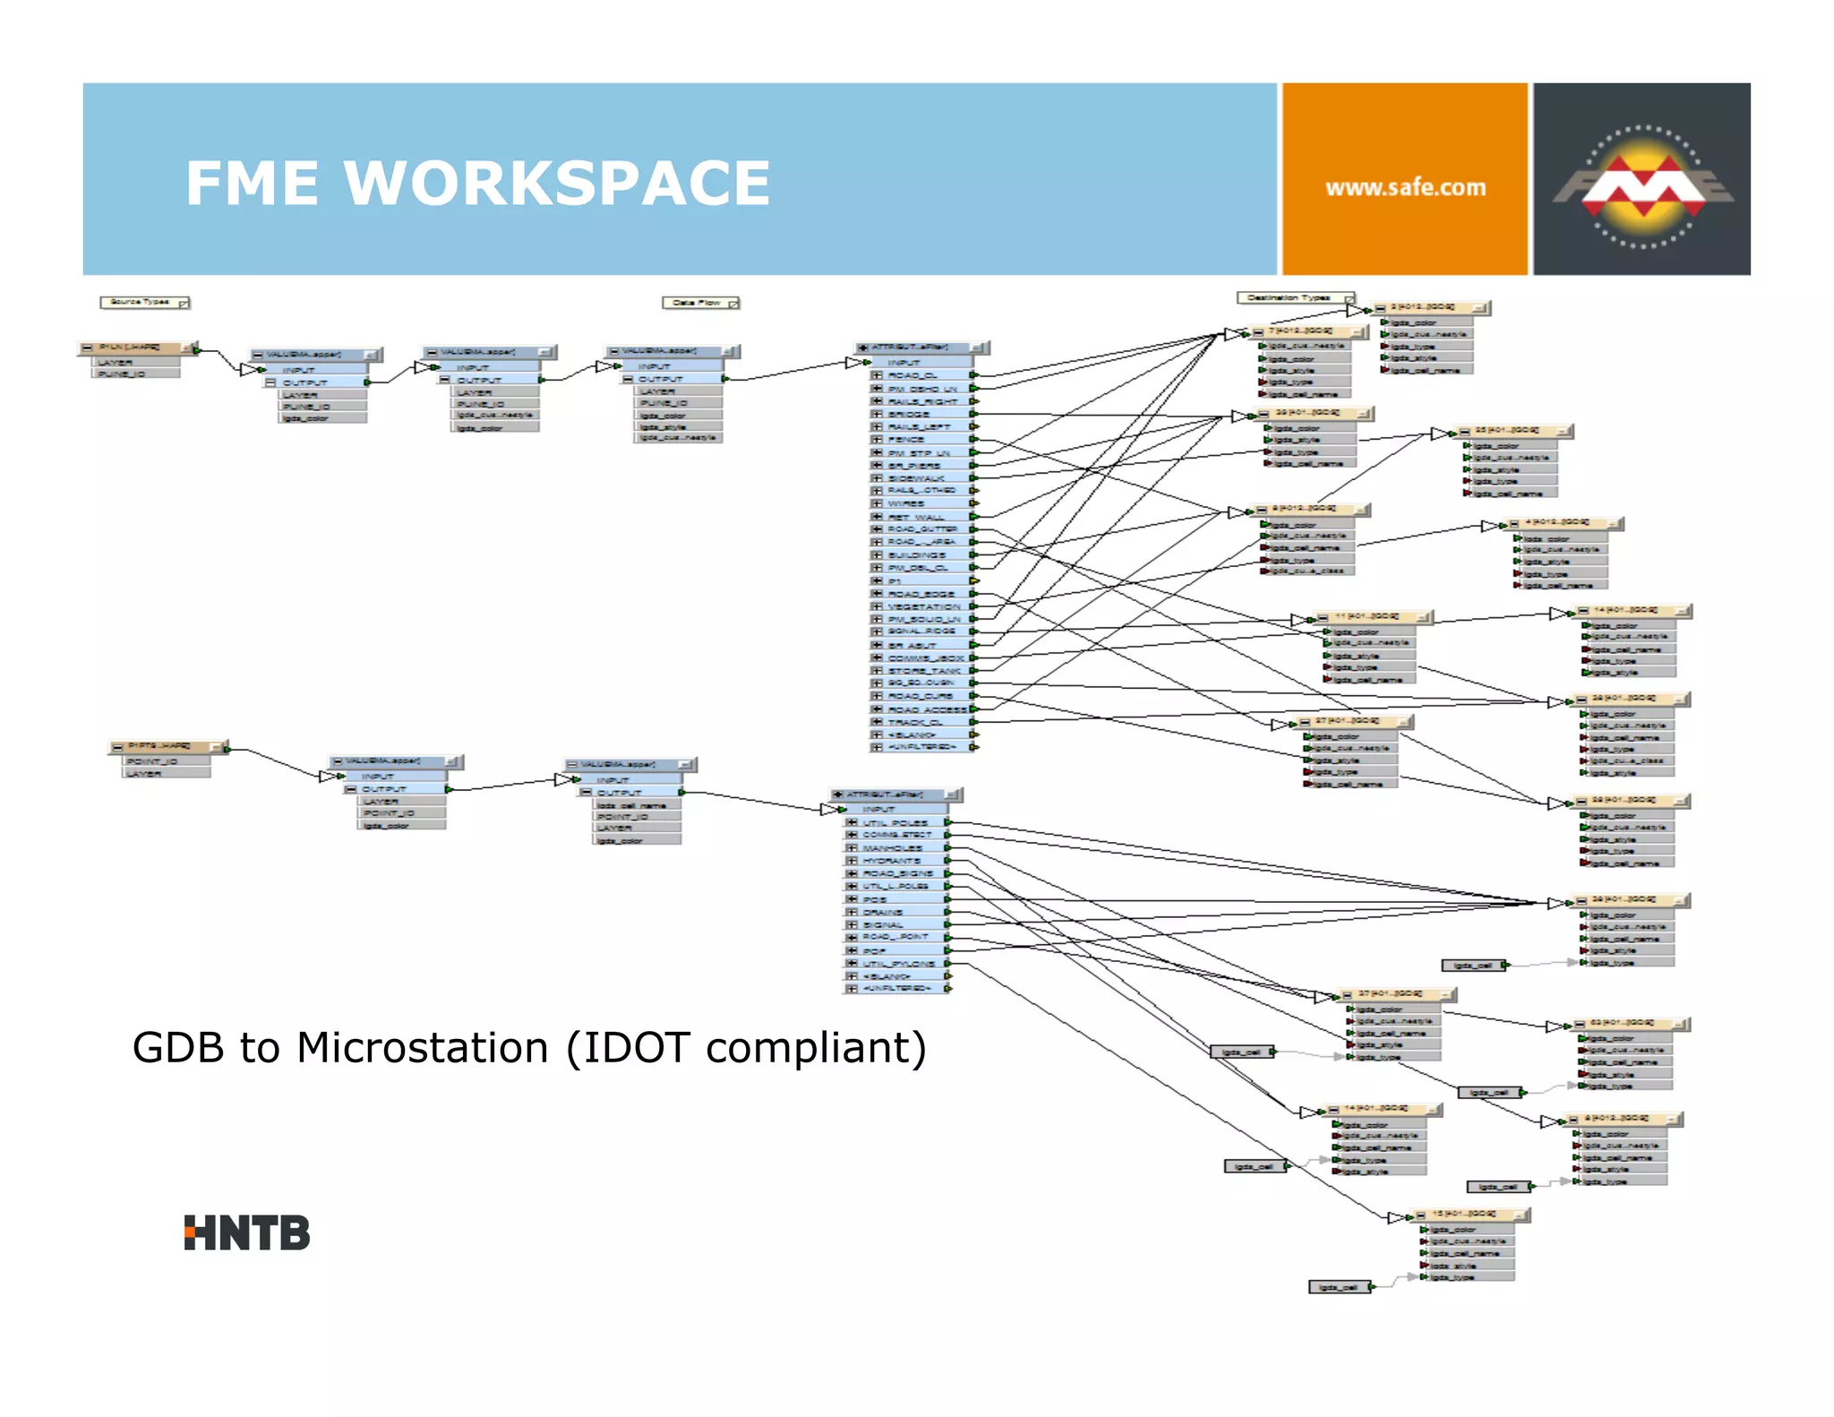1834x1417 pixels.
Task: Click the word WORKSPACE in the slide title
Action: coord(556,184)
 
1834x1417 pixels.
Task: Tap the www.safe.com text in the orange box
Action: coord(1405,188)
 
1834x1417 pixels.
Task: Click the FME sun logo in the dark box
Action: coord(1643,186)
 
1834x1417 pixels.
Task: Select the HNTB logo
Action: coord(246,1233)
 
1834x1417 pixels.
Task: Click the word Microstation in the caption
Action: coord(422,1048)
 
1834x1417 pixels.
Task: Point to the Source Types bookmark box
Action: coord(143,303)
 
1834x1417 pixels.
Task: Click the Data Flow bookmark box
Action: coord(700,303)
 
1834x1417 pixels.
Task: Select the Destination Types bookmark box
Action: coord(1294,297)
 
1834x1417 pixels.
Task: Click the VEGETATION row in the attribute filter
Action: coord(923,606)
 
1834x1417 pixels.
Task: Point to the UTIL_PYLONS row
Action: coord(898,964)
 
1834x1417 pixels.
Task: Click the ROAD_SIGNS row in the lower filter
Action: coord(897,873)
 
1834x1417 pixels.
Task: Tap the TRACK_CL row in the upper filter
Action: coord(915,722)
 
